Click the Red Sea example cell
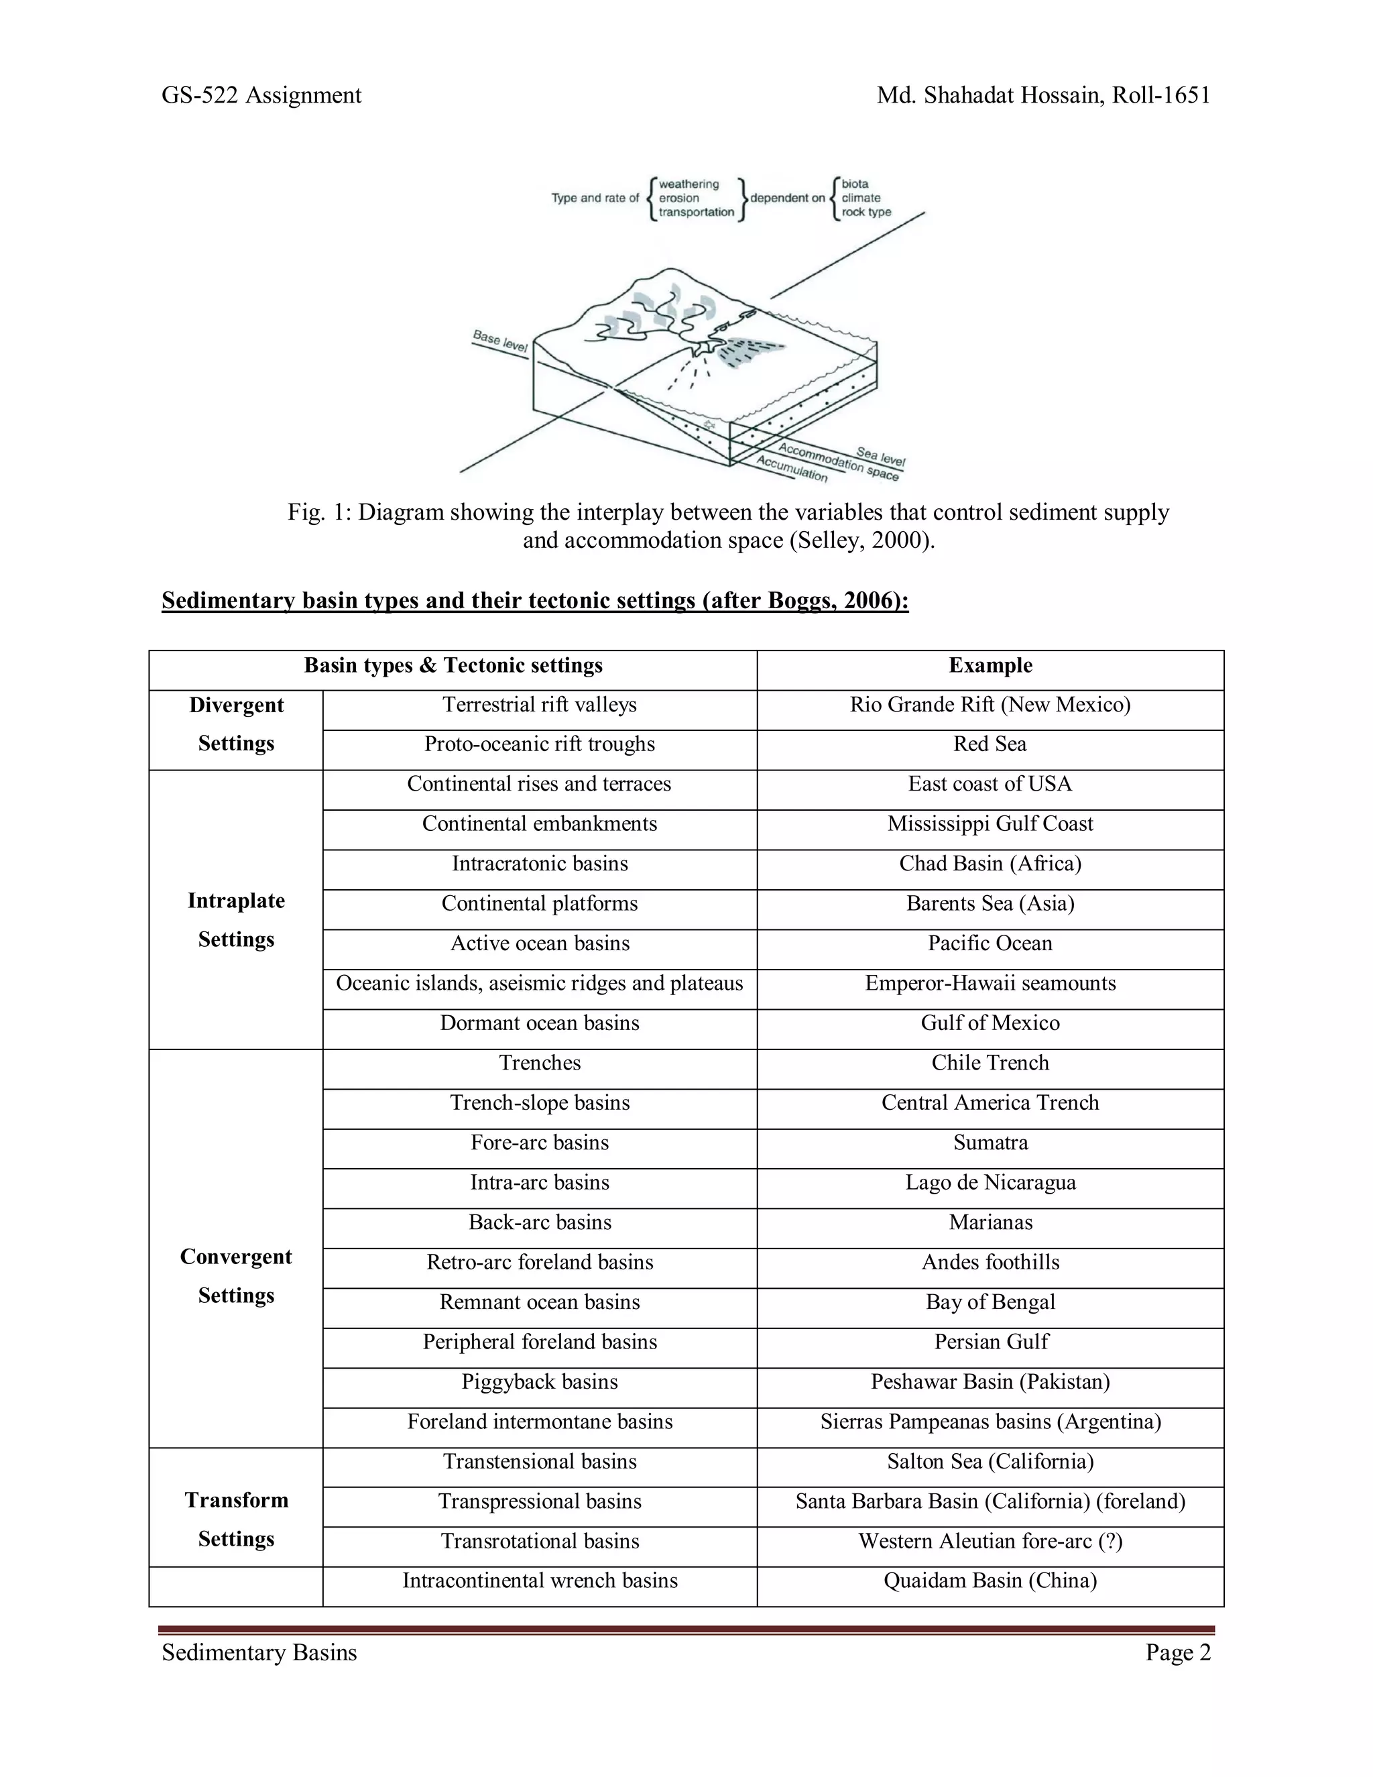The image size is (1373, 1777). pos(990,744)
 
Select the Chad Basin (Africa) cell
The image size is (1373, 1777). pos(990,864)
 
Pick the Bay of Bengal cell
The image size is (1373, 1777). pos(990,1303)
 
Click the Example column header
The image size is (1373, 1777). pos(990,666)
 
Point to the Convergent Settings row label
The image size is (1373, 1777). pos(236,1276)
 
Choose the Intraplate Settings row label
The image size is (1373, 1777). pos(236,920)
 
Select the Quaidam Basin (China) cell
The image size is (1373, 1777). pos(990,1581)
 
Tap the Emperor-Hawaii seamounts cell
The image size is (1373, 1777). pos(990,984)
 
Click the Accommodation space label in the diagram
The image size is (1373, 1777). pos(838,461)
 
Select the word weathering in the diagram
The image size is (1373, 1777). pos(689,184)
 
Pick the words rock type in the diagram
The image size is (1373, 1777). pos(866,213)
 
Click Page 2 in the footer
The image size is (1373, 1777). pos(1178,1652)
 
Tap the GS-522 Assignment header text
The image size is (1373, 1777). pos(261,96)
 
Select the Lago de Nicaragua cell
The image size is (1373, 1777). pos(990,1183)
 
